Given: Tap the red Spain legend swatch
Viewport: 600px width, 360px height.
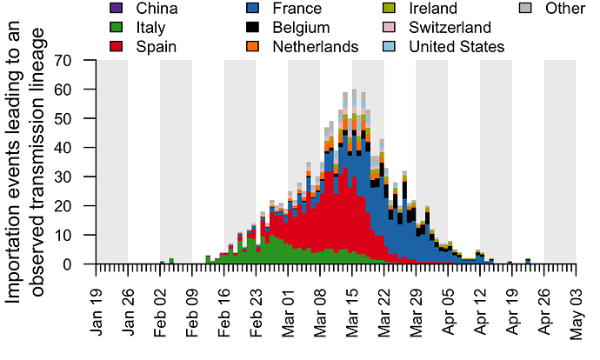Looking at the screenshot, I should (117, 46).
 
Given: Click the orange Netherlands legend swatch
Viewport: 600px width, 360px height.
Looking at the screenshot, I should (253, 46).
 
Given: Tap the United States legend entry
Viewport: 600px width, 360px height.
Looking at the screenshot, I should (457, 46).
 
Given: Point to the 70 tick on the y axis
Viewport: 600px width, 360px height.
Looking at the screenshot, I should (62, 60).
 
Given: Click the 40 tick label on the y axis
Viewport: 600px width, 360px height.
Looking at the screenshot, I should (62, 148).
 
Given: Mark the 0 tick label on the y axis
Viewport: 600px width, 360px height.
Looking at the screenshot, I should (67, 264).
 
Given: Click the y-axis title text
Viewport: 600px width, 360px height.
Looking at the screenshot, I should (26, 163).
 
